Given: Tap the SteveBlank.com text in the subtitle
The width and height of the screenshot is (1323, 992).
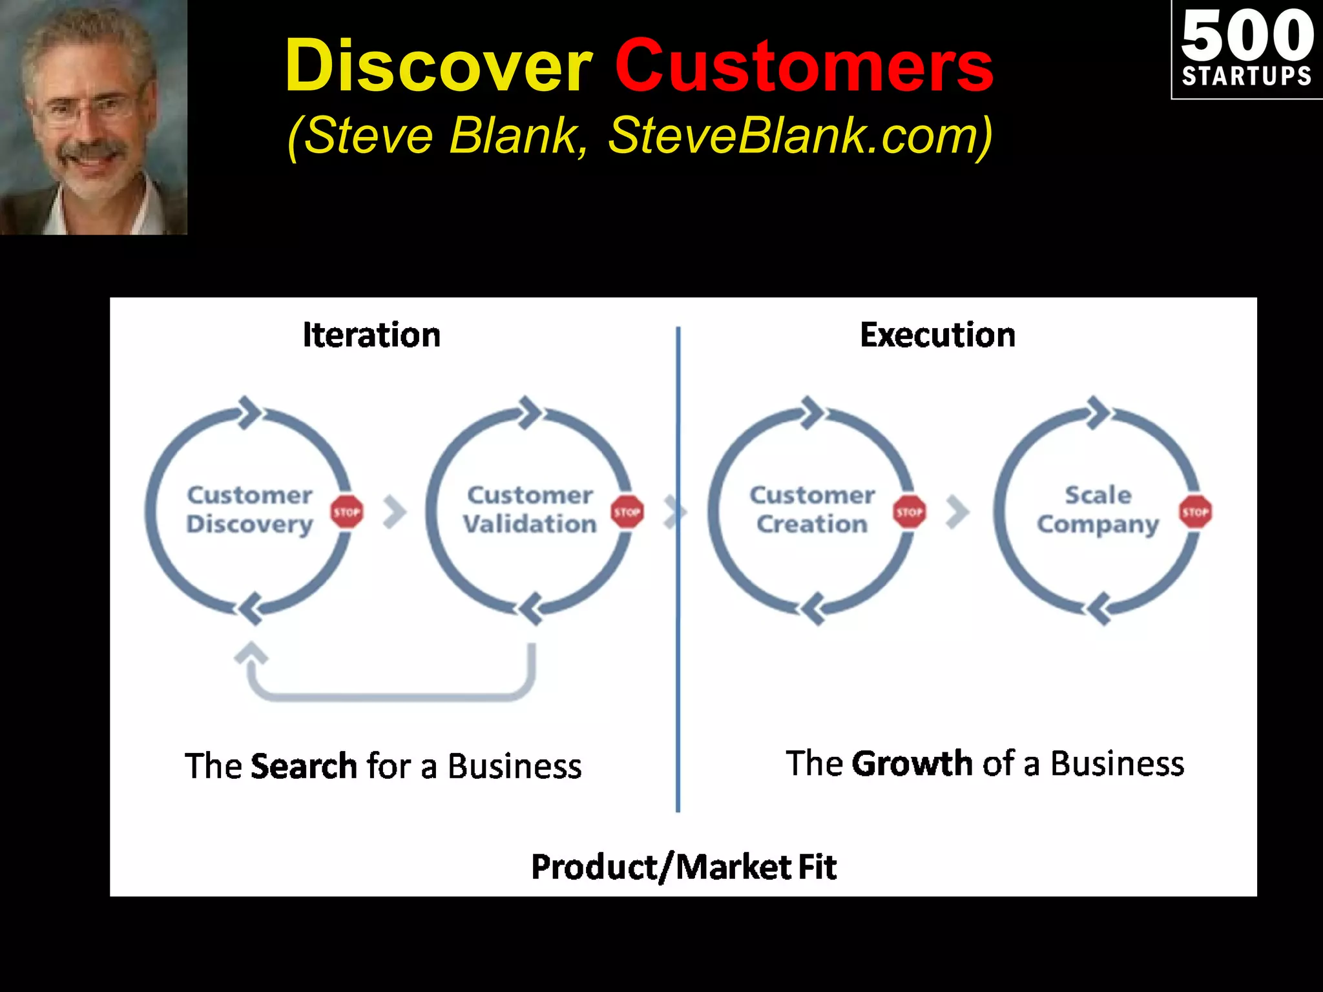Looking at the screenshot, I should click(x=800, y=136).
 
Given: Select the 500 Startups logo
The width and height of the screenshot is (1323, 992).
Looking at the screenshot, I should click(x=1246, y=50).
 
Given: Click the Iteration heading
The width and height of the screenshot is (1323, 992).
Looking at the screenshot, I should click(x=371, y=335).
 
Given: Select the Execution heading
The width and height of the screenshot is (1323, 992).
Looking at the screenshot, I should click(x=937, y=335).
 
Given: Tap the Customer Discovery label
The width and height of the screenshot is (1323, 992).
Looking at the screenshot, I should click(x=249, y=510).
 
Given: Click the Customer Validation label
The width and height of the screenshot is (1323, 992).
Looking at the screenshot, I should click(x=530, y=510).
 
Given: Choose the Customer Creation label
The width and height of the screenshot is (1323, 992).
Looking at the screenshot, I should click(x=812, y=510).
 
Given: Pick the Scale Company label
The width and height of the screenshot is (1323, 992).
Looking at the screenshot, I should click(x=1098, y=510).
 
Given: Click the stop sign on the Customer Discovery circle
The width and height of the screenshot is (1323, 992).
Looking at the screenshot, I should click(x=347, y=512).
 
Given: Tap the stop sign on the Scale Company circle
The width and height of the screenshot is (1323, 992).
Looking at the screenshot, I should click(x=1195, y=512).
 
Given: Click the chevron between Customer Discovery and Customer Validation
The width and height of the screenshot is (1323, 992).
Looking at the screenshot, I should click(x=395, y=512).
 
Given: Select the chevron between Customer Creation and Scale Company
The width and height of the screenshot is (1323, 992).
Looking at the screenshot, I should click(x=958, y=512).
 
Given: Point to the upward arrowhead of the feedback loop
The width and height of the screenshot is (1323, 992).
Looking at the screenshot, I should click(x=251, y=654).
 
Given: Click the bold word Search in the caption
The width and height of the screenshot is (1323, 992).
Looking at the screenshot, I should click(x=303, y=767).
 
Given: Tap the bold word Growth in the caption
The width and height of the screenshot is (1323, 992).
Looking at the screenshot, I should click(x=912, y=764).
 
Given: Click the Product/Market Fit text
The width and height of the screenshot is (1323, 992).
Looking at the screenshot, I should click(x=683, y=867).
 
